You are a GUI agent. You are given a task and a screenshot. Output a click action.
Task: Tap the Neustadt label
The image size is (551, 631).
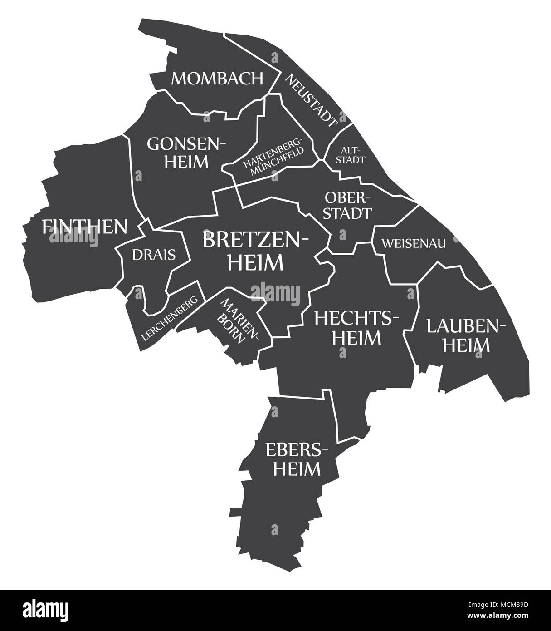click(312, 100)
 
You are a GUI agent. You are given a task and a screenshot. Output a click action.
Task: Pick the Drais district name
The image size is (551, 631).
click(154, 255)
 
